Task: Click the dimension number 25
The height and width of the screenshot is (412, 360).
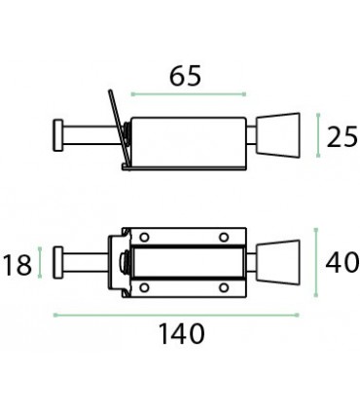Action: pos(342,137)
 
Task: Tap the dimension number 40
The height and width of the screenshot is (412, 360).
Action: pos(342,263)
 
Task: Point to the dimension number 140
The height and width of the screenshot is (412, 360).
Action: pos(182,334)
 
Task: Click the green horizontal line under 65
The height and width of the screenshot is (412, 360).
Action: pos(188,94)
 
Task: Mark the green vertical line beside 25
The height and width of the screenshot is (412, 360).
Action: pos(318,135)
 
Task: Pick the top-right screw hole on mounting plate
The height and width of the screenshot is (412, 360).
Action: pos(223,238)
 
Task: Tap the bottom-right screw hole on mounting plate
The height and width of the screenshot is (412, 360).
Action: pos(223,288)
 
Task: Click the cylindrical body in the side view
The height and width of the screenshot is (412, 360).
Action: pos(185,136)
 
